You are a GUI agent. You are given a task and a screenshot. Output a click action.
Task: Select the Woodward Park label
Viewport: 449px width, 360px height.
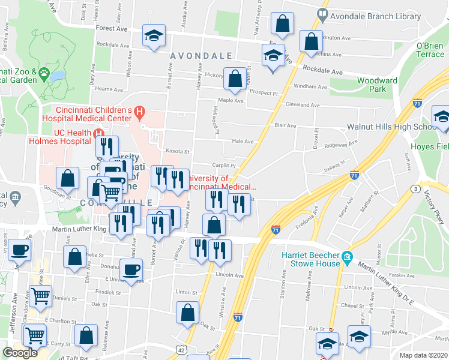click(x=377, y=85)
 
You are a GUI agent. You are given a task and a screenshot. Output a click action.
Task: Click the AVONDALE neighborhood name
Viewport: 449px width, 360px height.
click(x=201, y=56)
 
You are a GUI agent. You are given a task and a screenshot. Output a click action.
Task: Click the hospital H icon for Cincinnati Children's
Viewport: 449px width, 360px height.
click(x=140, y=111)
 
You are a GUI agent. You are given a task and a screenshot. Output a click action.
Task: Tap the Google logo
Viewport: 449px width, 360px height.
click(x=20, y=352)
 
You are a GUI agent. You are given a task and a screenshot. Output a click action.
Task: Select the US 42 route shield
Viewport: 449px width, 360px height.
click(x=181, y=349)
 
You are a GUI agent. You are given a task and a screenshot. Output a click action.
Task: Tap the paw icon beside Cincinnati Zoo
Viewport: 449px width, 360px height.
click(x=44, y=74)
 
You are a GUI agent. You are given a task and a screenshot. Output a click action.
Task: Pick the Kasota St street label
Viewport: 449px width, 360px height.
click(x=178, y=152)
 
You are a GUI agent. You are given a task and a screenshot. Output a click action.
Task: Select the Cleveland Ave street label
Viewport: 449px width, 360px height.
click(x=303, y=104)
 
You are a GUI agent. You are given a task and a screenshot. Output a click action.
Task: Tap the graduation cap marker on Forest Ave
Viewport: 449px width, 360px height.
click(x=154, y=36)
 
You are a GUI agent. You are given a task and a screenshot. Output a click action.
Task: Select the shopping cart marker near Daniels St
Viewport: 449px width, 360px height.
click(x=40, y=296)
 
